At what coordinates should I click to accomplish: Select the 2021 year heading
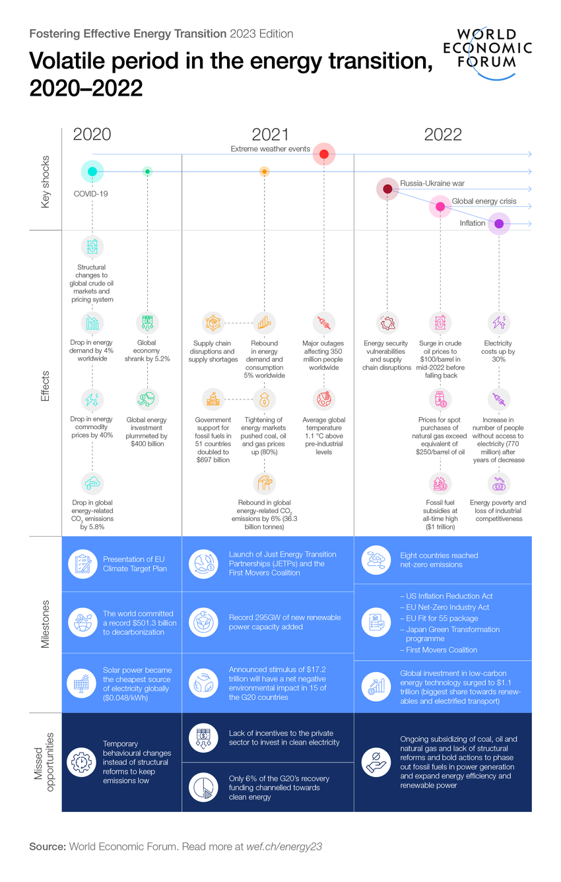coord(270,135)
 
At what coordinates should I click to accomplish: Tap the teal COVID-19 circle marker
coord(92,172)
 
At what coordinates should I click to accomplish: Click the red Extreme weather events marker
coord(324,154)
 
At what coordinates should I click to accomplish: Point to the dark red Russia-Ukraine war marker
coord(387,189)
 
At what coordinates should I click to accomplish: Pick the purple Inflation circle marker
coord(499,224)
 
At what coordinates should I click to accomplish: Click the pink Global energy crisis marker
coord(440,207)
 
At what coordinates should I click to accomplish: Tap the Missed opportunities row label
coord(46,762)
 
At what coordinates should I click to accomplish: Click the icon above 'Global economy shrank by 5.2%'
coord(147,323)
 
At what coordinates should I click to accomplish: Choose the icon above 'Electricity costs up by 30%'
coord(498,323)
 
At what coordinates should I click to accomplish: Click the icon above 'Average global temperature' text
coord(323,399)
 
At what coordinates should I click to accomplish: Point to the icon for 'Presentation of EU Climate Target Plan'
coord(82,564)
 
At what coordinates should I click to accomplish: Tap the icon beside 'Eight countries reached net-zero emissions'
coord(375,560)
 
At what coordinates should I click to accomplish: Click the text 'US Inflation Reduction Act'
coord(449,596)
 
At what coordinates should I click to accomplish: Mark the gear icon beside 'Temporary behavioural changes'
coord(82,762)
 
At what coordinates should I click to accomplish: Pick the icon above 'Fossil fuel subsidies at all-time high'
coord(440,483)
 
